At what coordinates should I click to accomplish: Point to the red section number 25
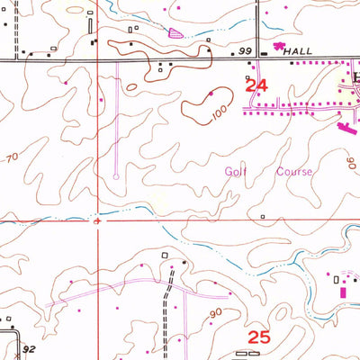(258, 337)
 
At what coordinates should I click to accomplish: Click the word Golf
(235, 169)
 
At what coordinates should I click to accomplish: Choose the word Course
(294, 170)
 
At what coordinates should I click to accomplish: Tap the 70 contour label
(12, 158)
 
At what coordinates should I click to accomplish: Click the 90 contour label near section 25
(214, 312)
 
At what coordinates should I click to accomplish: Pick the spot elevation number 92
(30, 348)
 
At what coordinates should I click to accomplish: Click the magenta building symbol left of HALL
(279, 45)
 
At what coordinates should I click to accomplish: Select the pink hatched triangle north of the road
(175, 32)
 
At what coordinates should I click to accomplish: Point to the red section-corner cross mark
(97, 220)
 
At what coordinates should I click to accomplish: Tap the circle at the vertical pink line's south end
(116, 176)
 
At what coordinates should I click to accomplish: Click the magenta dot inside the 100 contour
(211, 94)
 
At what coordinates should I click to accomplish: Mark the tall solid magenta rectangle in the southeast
(342, 290)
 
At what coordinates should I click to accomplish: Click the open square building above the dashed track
(166, 256)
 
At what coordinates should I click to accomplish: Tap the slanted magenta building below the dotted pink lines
(344, 129)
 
